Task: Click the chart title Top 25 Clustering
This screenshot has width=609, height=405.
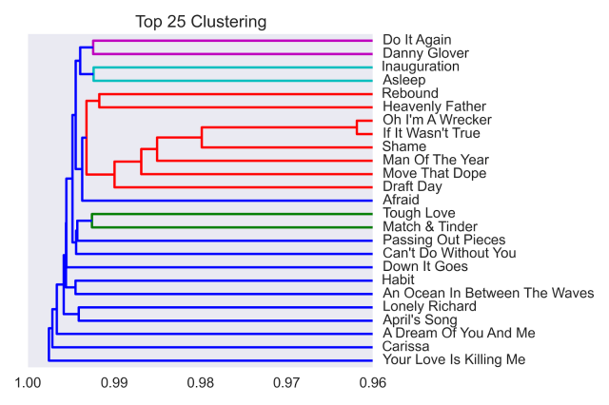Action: tap(200, 21)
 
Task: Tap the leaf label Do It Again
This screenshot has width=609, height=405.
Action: tap(417, 40)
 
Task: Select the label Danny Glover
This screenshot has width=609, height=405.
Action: tap(425, 53)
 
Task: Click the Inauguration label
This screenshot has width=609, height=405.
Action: tap(421, 67)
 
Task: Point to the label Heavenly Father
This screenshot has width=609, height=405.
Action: tap(434, 106)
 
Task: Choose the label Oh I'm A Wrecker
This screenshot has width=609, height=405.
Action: tap(437, 120)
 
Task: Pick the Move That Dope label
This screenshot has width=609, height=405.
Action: tap(434, 173)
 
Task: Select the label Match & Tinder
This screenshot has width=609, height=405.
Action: tap(429, 226)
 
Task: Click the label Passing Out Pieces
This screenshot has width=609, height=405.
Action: tap(443, 240)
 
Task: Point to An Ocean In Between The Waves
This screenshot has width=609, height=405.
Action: tap(487, 293)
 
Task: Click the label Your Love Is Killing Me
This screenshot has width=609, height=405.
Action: tap(453, 359)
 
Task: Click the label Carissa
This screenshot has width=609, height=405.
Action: tap(406, 346)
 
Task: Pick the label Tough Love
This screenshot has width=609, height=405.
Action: tap(419, 213)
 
